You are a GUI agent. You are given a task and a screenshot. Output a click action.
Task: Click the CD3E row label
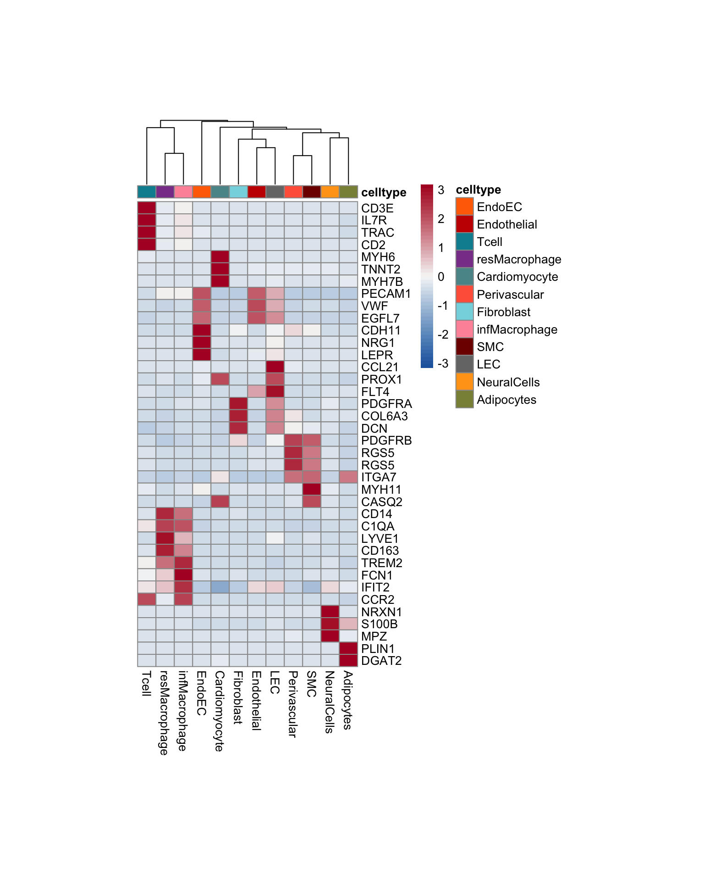pos(377,208)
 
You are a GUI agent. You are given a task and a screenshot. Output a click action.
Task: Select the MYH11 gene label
pos(381,490)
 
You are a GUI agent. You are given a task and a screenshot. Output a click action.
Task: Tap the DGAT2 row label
pos(381,661)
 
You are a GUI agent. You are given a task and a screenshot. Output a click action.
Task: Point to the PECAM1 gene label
pos(386,294)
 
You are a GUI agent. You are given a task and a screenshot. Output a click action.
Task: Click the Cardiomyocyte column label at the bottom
pos(220,711)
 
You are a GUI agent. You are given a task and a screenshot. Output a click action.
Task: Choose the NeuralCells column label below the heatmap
pos(329,702)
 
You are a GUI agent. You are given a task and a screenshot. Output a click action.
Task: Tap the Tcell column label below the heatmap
pos(146,683)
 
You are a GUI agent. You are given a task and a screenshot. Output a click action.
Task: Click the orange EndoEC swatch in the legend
pos(464,206)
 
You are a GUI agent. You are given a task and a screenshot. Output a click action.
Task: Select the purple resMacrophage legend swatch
pos(464,259)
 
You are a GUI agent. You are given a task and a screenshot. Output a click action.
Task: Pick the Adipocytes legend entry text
pos(506,400)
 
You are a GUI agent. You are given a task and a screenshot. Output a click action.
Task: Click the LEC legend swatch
pos(464,364)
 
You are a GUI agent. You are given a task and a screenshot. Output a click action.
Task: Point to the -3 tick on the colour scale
pos(443,363)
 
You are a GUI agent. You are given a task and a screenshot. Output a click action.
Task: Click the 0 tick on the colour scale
pos(441,277)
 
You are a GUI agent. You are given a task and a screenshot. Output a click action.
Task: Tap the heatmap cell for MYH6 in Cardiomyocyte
pos(220,257)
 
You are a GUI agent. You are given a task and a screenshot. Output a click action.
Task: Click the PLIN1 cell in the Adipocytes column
pos(348,648)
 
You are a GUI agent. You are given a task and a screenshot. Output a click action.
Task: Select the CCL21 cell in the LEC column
pos(275,367)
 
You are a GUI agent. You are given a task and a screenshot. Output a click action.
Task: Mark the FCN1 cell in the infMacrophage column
pos(183,575)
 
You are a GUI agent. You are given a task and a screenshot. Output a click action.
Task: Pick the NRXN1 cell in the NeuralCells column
pos(330,612)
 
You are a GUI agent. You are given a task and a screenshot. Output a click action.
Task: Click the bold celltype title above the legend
pos(478,190)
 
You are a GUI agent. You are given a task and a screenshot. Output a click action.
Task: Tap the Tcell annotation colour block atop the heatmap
pos(147,192)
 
